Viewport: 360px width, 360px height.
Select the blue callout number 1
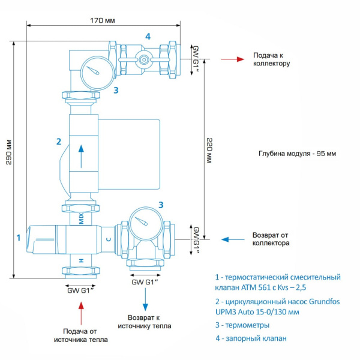point(19,238)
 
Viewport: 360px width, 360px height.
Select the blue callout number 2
point(58,142)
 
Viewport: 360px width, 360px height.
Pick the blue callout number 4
point(147,36)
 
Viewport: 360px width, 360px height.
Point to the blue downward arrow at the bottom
point(145,298)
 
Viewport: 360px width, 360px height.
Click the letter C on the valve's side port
point(108,239)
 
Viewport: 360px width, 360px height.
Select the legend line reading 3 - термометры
point(242,325)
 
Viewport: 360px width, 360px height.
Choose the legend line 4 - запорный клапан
point(251,338)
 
